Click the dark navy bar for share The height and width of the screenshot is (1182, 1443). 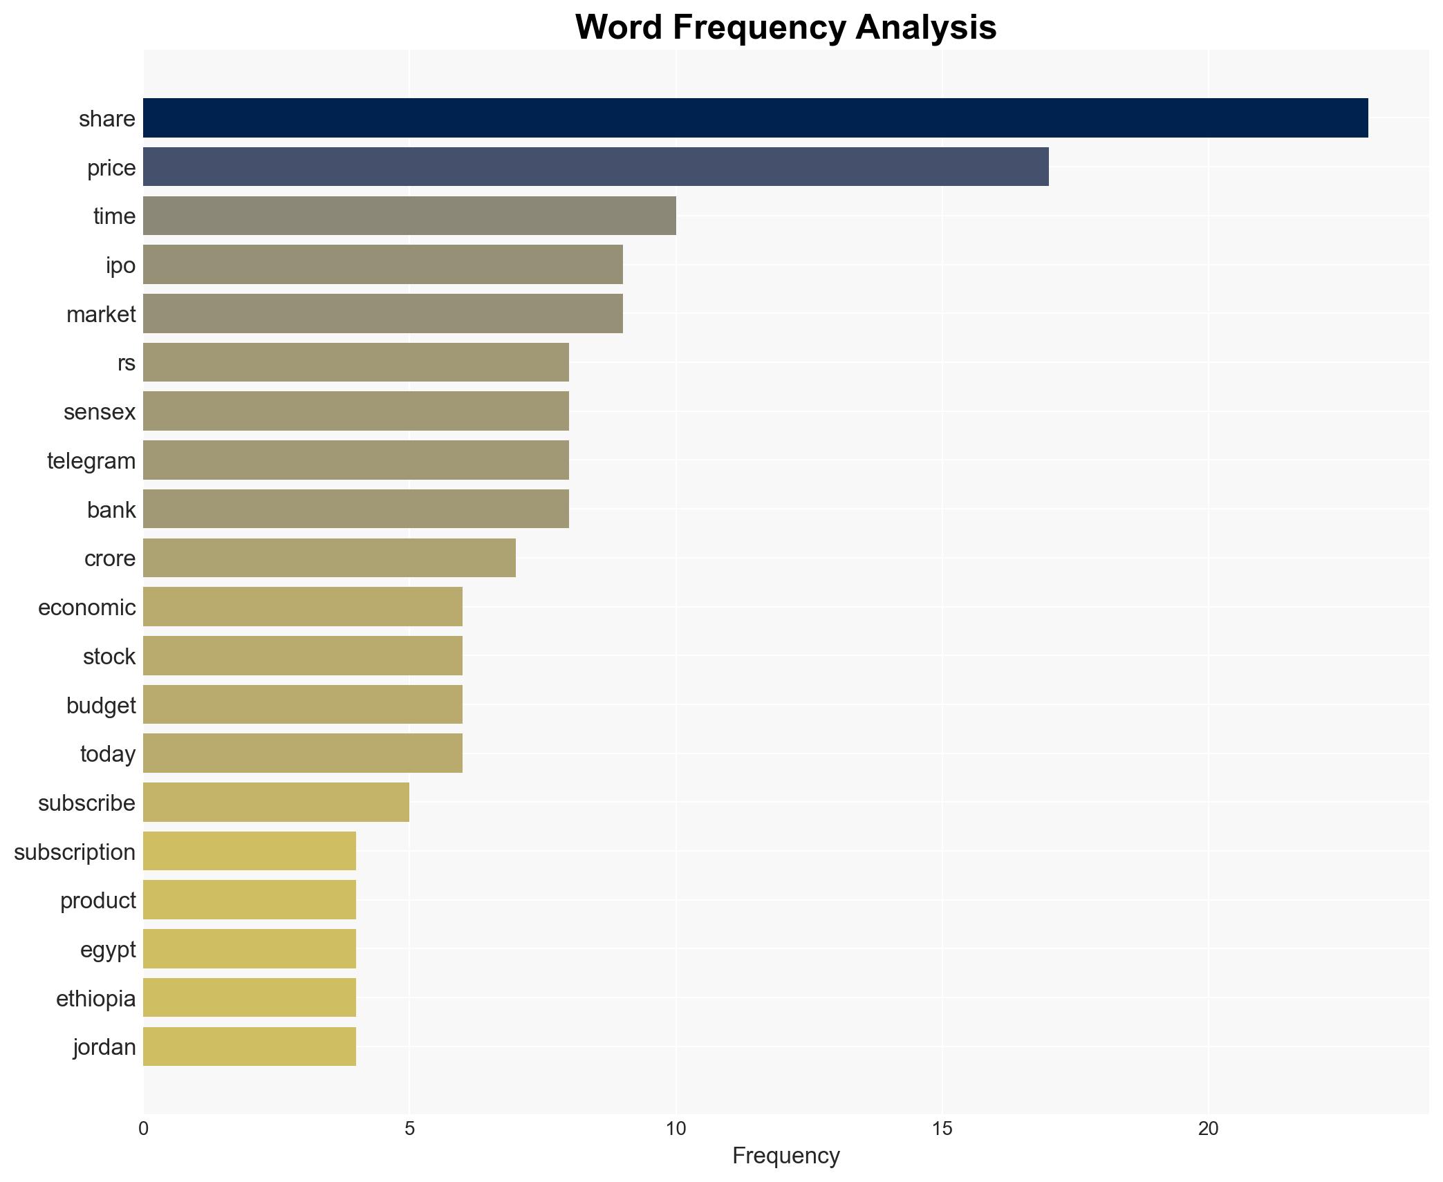point(755,118)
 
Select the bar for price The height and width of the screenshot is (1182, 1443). point(595,167)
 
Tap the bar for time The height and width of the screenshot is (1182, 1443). point(409,216)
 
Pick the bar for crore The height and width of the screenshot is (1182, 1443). point(329,558)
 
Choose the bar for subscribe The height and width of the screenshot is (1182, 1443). point(276,802)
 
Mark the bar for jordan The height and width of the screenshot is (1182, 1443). point(250,1047)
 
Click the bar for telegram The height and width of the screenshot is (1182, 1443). point(356,460)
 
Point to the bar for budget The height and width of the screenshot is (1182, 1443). point(303,704)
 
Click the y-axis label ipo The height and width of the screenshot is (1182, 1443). point(120,265)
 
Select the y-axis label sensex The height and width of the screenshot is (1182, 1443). point(100,412)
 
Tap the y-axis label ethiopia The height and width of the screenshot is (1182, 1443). point(96,999)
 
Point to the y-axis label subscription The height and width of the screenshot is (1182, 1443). point(75,852)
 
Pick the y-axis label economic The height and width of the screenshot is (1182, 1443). point(87,608)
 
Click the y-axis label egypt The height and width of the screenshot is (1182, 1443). point(108,950)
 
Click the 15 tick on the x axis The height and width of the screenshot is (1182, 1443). point(942,1129)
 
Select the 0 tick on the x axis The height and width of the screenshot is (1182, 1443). point(143,1129)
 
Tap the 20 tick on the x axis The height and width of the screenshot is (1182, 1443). point(1208,1129)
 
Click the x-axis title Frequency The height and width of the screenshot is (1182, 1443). point(785,1156)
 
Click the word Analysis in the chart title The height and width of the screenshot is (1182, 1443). point(925,28)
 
